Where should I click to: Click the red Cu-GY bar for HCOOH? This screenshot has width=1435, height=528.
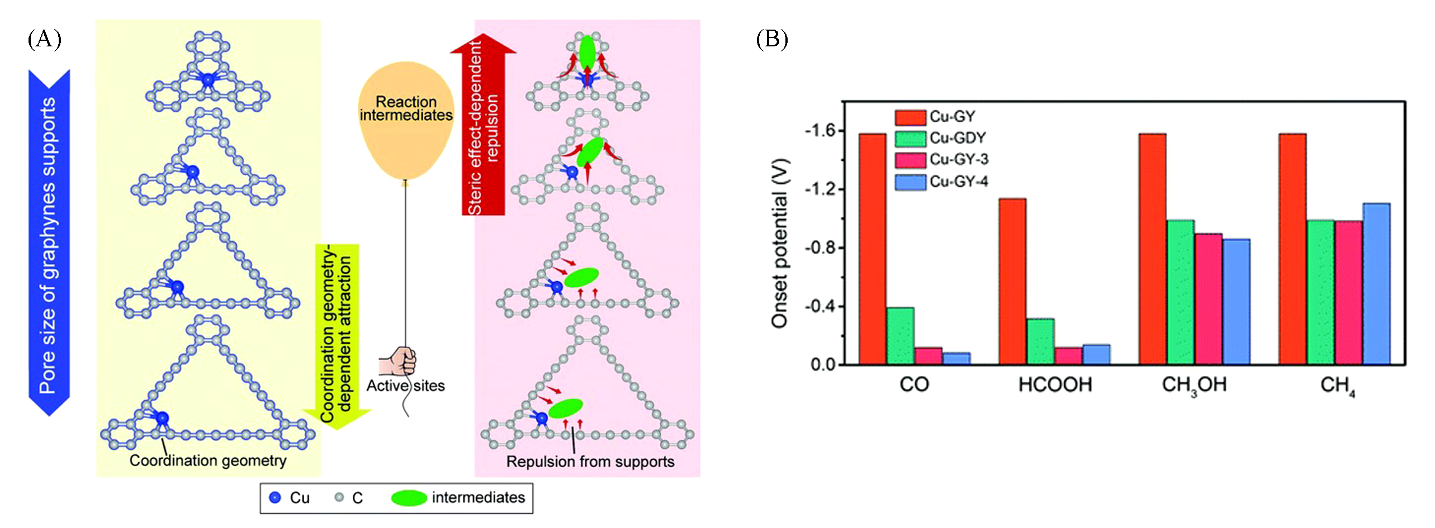coord(1012,282)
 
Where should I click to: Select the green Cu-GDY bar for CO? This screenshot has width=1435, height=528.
coord(901,336)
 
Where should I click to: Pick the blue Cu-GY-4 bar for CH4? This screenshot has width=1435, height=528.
coord(1376,284)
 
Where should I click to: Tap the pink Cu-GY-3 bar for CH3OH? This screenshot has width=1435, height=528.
coord(1209,299)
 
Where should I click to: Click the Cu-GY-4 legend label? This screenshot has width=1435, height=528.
coord(959,182)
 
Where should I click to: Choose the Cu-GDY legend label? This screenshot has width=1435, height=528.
coord(958,138)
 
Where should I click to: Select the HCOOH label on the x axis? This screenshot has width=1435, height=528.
coord(1055,385)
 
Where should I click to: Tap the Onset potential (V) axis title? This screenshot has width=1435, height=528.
coord(779,243)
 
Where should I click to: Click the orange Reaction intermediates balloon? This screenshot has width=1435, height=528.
coord(406,120)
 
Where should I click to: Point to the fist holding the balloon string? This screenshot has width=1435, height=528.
coord(397,361)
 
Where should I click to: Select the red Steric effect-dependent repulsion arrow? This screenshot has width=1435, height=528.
coord(484,124)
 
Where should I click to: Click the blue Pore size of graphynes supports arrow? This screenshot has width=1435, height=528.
coord(49,242)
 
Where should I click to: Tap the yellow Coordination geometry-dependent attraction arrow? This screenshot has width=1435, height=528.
coord(337,337)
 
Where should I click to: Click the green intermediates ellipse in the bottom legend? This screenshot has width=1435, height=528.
coord(409,498)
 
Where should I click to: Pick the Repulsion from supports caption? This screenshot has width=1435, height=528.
coord(590,462)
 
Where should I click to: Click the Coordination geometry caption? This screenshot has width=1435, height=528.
coord(208,460)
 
